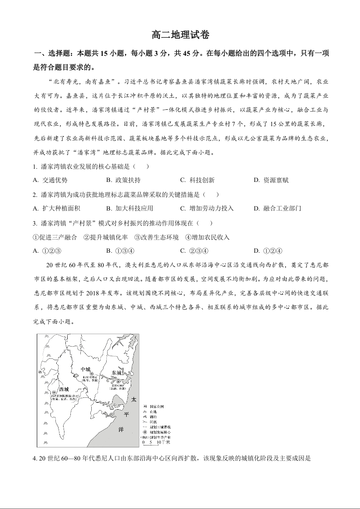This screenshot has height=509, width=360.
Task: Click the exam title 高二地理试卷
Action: (x=180, y=35)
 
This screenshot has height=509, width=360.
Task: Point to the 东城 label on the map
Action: (x=116, y=373)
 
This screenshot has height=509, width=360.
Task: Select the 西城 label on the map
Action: (x=64, y=389)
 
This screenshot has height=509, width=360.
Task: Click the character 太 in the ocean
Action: (x=133, y=401)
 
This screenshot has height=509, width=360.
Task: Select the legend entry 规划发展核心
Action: (x=155, y=432)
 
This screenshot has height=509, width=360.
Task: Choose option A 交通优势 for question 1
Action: (x=50, y=180)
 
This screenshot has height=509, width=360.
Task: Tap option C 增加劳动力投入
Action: (x=207, y=208)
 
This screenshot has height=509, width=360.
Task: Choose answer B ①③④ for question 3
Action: (x=120, y=251)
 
